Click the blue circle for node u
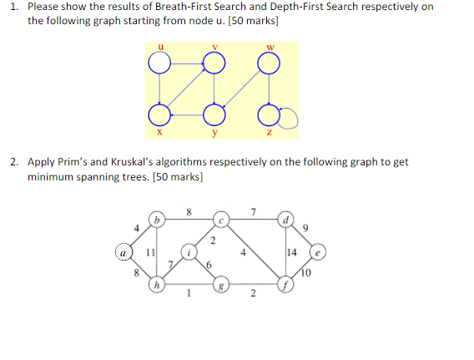coord(157,63)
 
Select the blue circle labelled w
coord(268,63)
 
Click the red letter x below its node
coord(158,132)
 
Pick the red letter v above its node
coord(214,46)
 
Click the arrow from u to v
coord(184,63)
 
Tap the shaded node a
coord(124,251)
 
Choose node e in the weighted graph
coord(318,251)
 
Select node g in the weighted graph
coord(221,286)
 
